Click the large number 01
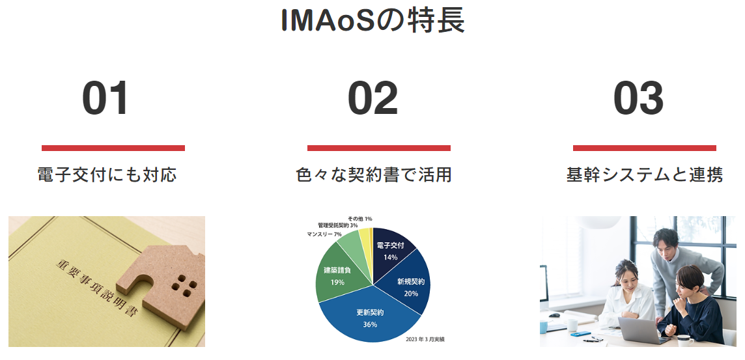pyautogui.click(x=105, y=98)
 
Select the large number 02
pyautogui.click(x=373, y=98)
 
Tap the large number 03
pyautogui.click(x=639, y=98)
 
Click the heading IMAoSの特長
pyautogui.click(x=372, y=20)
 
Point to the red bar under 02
pyautogui.click(x=378, y=148)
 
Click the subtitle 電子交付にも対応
pyautogui.click(x=107, y=174)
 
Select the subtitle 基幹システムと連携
pyautogui.click(x=644, y=174)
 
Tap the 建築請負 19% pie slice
pyautogui.click(x=338, y=275)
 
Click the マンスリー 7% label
pyautogui.click(x=324, y=234)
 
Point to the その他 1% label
pyautogui.click(x=359, y=219)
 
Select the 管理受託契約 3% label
pyautogui.click(x=338, y=225)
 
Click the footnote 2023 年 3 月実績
pyautogui.click(x=425, y=339)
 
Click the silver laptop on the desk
pyautogui.click(x=644, y=330)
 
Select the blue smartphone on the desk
pyautogui.click(x=581, y=334)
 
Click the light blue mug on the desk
pyautogui.click(x=544, y=327)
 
